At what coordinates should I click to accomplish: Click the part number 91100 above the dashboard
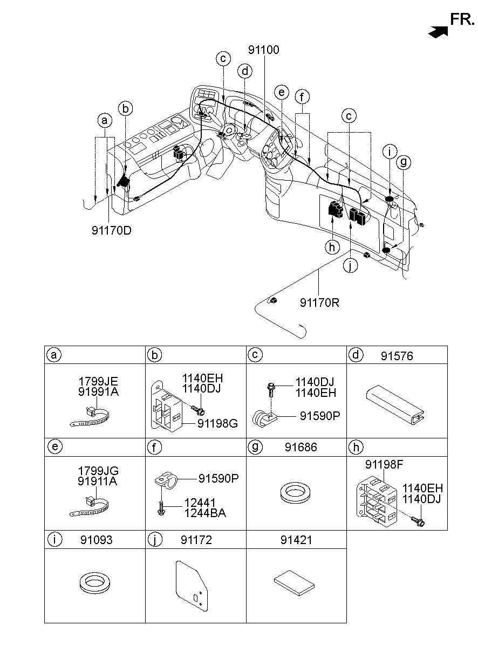click(264, 50)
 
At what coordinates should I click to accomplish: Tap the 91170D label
click(112, 231)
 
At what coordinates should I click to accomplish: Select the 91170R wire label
click(319, 303)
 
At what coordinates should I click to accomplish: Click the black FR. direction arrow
click(438, 32)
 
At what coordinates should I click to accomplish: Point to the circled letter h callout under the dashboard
click(333, 247)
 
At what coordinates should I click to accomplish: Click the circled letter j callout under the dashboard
click(351, 265)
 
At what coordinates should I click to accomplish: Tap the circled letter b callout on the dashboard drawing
click(125, 109)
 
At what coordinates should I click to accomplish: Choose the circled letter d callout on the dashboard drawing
click(245, 71)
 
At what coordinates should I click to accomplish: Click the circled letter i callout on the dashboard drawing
click(390, 152)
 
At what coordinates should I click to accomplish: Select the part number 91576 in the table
click(397, 355)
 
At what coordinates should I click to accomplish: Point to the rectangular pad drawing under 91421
click(296, 585)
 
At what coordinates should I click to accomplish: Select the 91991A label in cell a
click(98, 392)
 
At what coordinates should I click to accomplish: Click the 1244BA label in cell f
click(205, 513)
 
